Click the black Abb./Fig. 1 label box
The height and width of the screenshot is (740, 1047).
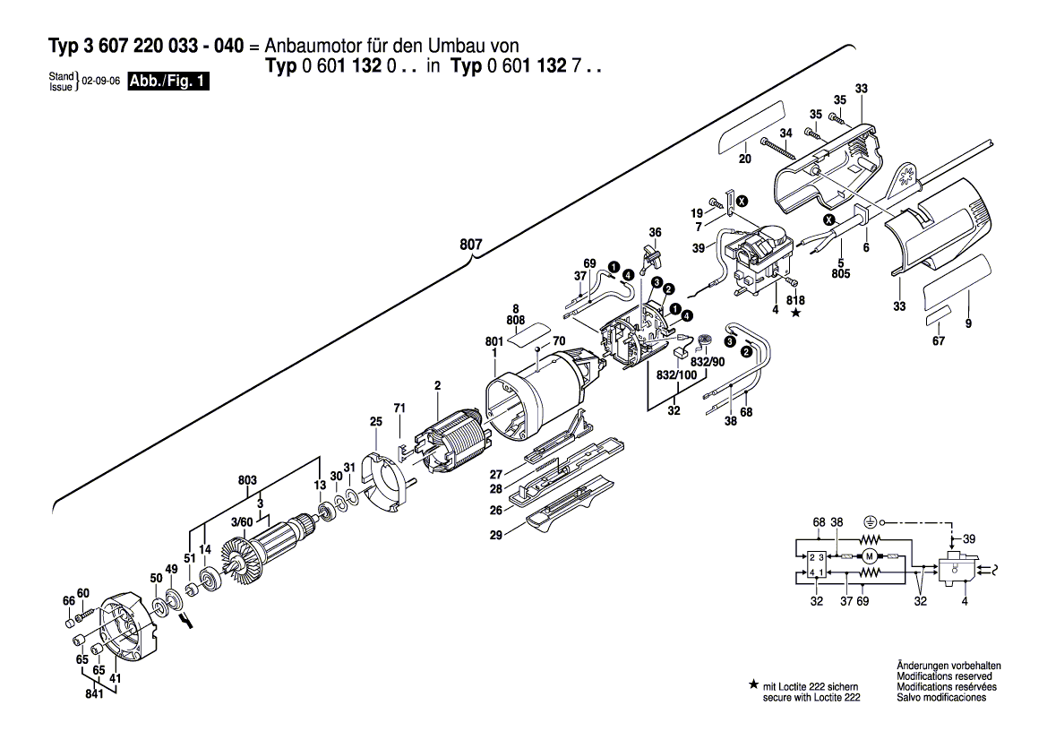[x=169, y=82]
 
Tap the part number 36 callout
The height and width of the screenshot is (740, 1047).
[x=656, y=232]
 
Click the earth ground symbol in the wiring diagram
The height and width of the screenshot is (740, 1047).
[x=867, y=521]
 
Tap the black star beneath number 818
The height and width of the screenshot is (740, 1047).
[x=795, y=314]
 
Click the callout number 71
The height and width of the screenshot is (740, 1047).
[x=399, y=409]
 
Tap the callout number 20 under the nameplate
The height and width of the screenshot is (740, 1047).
[x=743, y=160]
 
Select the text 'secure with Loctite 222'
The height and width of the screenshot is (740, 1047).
[x=811, y=696]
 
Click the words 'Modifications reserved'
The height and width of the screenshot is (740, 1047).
[x=944, y=676]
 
